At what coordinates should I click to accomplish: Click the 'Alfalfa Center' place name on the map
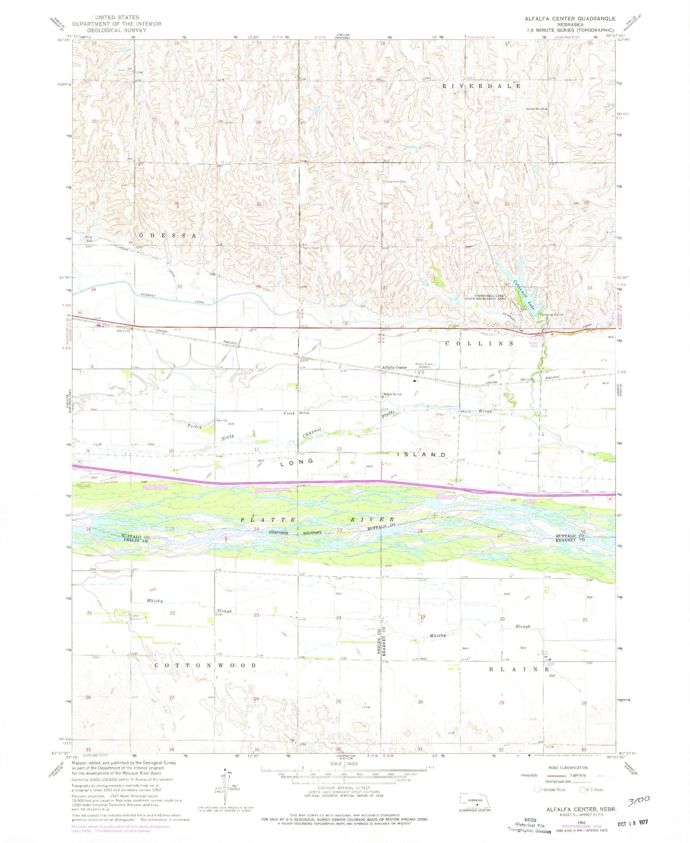pos(395,367)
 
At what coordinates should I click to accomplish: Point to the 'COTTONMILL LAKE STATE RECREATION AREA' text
pos(485,297)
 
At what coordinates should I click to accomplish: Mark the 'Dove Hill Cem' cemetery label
pos(396,182)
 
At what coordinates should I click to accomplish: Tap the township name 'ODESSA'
pos(168,235)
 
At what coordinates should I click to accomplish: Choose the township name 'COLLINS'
pos(480,343)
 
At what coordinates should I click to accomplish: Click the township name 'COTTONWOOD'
pos(205,665)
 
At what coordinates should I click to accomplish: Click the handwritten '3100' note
pos(639,801)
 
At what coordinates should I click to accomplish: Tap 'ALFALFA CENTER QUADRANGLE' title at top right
pos(570,19)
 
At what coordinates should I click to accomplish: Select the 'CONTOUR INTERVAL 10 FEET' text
pos(343,787)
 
